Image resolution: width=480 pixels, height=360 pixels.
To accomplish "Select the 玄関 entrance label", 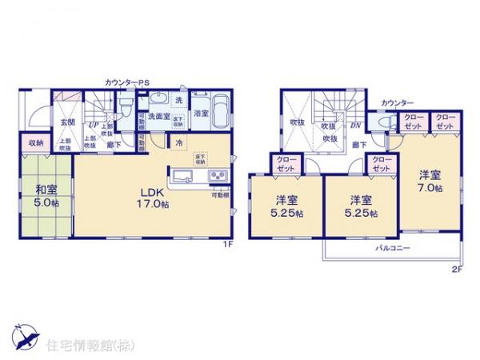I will (x=66, y=122).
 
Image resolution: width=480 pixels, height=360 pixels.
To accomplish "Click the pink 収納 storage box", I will (x=34, y=143).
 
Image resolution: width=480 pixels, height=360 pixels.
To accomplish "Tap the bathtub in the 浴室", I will (x=221, y=108).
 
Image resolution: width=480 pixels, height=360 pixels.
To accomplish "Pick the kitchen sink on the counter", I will (x=180, y=175).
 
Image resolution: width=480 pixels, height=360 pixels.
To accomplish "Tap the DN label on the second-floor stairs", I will (x=355, y=126).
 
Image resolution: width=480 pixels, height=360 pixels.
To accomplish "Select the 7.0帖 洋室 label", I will (x=429, y=181).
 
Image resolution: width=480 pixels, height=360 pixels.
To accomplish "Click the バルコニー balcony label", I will (x=393, y=249).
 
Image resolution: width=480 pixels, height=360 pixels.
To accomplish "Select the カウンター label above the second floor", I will (x=397, y=103).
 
